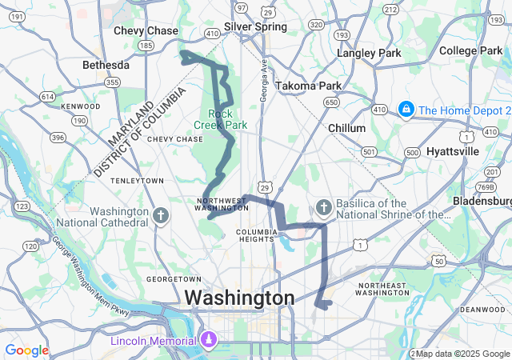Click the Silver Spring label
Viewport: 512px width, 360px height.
(x=255, y=26)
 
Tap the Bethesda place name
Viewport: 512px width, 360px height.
(x=106, y=64)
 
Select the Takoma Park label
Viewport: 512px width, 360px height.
(x=308, y=86)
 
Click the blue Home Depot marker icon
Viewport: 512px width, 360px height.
(x=406, y=109)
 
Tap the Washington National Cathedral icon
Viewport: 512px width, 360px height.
(x=161, y=214)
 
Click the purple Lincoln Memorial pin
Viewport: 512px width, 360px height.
(x=208, y=340)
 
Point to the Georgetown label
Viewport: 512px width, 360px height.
(x=174, y=278)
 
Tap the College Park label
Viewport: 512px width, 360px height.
(x=476, y=50)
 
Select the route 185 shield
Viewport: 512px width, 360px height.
(x=146, y=46)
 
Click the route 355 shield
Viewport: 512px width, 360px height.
(x=113, y=82)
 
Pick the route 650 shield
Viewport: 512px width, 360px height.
(x=330, y=102)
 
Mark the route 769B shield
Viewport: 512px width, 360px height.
(x=485, y=186)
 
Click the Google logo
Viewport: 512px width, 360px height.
(x=26, y=350)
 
